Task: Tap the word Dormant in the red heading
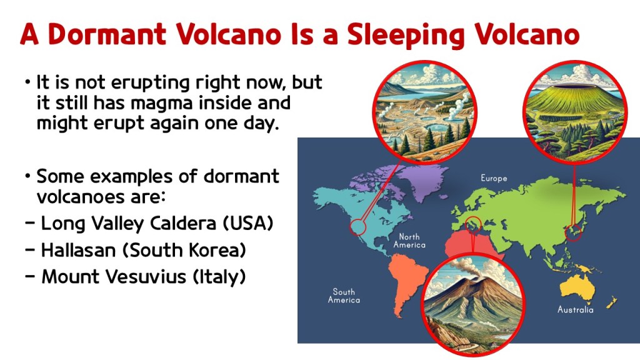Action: click(x=107, y=34)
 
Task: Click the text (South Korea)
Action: click(x=184, y=250)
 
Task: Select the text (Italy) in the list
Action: click(x=219, y=277)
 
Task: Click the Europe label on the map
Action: click(x=494, y=178)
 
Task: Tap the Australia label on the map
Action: click(x=576, y=310)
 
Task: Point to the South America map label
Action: click(x=344, y=296)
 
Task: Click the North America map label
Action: click(x=409, y=241)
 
